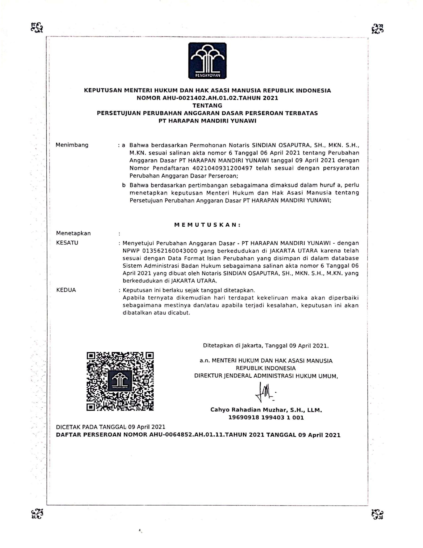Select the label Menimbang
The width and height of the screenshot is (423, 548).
(x=72, y=145)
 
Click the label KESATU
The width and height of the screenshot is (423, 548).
(x=67, y=243)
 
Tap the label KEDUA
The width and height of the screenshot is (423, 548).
(x=66, y=290)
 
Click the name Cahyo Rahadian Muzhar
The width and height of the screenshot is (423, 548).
(x=248, y=410)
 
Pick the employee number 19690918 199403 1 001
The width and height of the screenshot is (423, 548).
(x=266, y=417)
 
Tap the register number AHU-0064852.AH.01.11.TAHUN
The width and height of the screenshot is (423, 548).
(x=198, y=435)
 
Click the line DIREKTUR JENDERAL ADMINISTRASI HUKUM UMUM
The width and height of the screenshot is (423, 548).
(x=266, y=376)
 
